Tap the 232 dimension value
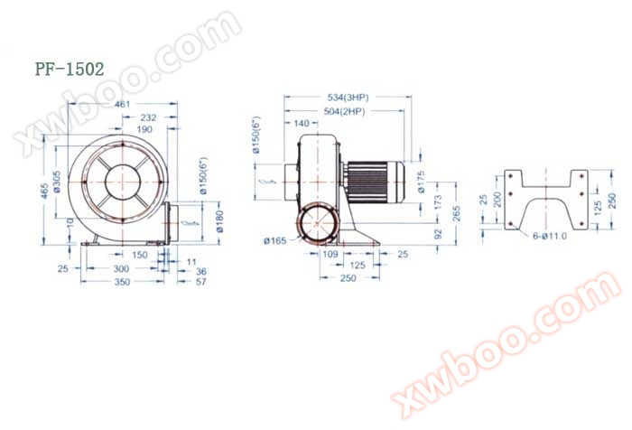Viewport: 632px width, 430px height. click(x=149, y=118)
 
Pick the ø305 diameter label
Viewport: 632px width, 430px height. click(x=57, y=184)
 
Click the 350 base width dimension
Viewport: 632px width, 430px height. click(x=122, y=282)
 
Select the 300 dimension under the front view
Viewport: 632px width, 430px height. click(x=120, y=269)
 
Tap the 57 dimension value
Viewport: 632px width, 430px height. click(x=200, y=282)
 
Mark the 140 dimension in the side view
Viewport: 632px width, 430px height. click(x=302, y=123)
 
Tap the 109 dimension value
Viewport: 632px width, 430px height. click(x=331, y=255)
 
